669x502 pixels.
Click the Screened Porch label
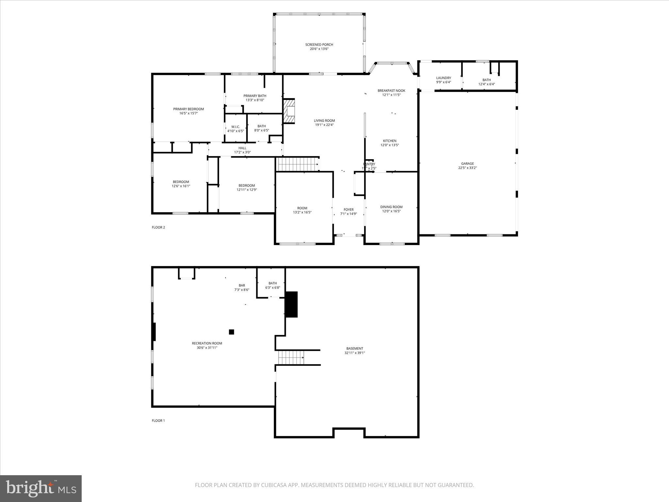319,45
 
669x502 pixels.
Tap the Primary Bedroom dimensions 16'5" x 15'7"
188,113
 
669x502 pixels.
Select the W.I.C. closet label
236,127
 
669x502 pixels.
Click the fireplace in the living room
289,111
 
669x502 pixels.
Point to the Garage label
467,164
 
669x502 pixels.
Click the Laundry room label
443,78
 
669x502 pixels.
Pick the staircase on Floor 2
297,164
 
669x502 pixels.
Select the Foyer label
349,210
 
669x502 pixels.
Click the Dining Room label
391,207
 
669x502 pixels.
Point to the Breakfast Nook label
391,91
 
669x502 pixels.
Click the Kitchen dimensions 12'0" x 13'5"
390,145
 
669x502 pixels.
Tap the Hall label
242,148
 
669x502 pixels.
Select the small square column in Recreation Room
232,332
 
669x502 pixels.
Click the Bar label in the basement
242,285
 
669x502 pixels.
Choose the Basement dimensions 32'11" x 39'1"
354,353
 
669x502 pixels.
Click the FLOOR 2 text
158,227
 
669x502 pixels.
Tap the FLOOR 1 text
158,421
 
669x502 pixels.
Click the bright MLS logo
41,488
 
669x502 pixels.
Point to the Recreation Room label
207,343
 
